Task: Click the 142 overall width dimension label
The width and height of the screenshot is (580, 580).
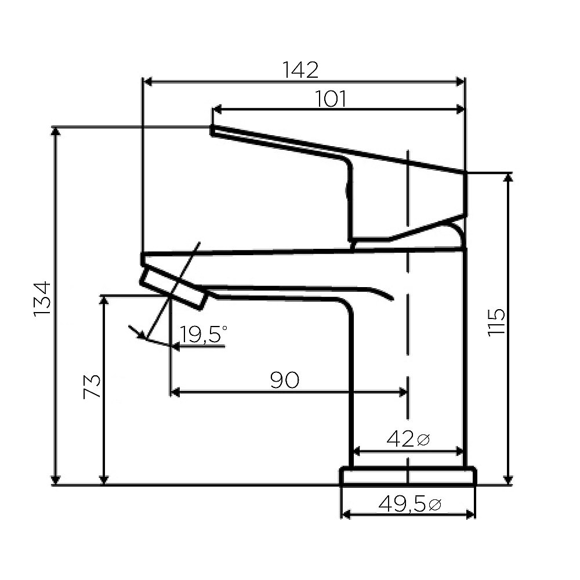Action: point(300,70)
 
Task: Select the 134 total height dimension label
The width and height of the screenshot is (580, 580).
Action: point(42,298)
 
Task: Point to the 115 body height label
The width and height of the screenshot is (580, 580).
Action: point(496,322)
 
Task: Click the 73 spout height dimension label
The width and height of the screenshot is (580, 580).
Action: point(92,386)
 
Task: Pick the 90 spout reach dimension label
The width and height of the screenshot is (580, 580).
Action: point(284,380)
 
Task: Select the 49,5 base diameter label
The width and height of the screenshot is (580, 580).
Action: point(403,504)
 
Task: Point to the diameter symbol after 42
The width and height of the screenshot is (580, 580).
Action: point(423,440)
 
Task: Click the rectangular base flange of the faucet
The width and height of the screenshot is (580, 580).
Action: point(408,476)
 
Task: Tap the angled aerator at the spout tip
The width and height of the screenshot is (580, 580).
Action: point(172,288)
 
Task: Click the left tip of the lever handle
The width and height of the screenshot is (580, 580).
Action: point(212,130)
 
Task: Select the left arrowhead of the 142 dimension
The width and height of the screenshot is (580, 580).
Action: point(147,82)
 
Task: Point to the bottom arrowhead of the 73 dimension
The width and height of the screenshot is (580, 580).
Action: point(104,480)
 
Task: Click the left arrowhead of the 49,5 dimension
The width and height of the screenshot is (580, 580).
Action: point(345,514)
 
